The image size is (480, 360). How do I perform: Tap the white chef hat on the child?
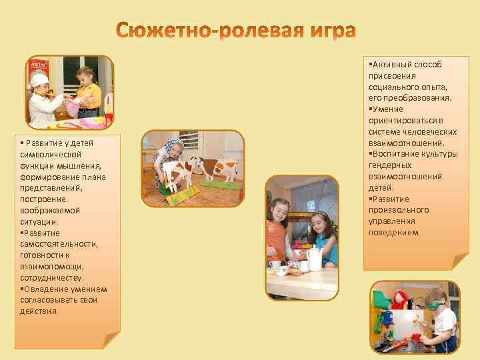pos(39,81)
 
